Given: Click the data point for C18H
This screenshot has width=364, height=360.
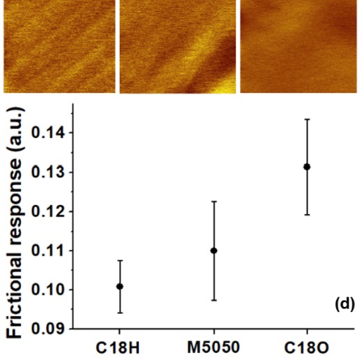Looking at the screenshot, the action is (x=120, y=287).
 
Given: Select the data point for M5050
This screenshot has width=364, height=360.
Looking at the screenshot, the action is (x=214, y=250).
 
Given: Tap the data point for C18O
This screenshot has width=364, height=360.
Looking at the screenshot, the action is (x=307, y=167).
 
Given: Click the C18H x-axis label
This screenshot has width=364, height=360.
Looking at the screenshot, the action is (x=118, y=348).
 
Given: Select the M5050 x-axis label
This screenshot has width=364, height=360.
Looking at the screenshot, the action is (x=213, y=347).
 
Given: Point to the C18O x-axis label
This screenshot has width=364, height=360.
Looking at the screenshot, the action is (x=307, y=348).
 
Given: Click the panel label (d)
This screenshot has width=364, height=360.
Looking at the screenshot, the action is (x=345, y=304).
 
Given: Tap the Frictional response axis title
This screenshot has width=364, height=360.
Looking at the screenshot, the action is (x=15, y=223).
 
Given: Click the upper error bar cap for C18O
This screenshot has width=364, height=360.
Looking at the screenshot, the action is (x=307, y=119).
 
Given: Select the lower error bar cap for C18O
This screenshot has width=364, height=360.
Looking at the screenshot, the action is (x=307, y=215).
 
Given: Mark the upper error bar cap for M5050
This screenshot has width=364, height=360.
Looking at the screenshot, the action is (x=214, y=202).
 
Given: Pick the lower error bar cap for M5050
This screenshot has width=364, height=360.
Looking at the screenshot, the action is (x=214, y=300).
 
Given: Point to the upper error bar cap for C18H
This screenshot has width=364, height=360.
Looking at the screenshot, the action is (x=120, y=260).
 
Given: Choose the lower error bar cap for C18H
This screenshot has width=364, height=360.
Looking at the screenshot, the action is (x=120, y=313).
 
